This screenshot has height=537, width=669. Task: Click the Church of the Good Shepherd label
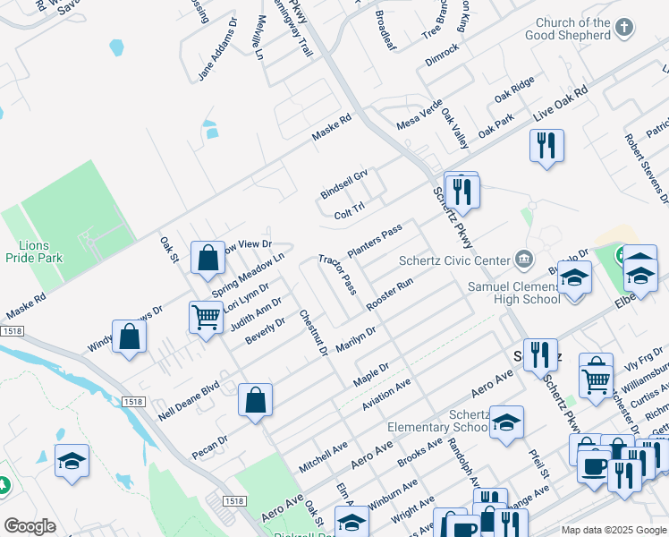click(573, 30)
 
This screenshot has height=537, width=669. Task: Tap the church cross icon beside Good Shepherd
click(625, 29)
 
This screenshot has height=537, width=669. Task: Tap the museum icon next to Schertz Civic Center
click(523, 260)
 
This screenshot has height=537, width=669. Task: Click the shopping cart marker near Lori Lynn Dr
click(207, 317)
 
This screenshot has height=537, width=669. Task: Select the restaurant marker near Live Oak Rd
click(546, 145)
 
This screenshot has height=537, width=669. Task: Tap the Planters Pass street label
click(374, 243)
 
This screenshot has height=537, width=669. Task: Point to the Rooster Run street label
click(389, 294)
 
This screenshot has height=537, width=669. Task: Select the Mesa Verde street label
click(419, 115)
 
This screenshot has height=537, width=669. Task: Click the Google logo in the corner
click(30, 526)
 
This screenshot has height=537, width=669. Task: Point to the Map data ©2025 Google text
click(614, 530)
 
